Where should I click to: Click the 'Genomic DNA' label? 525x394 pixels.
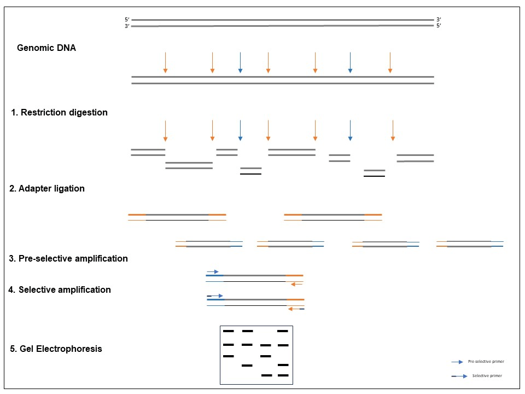(46, 48)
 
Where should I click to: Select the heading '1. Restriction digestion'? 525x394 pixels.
(60, 113)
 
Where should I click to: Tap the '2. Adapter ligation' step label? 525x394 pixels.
(48, 189)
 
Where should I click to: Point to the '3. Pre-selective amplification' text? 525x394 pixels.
(68, 258)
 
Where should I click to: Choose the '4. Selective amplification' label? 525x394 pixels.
(60, 290)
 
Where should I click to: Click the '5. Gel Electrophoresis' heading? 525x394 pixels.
(56, 349)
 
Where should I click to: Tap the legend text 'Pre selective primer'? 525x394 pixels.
(486, 362)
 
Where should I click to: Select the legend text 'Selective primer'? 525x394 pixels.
(487, 376)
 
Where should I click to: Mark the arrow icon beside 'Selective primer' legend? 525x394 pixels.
(459, 376)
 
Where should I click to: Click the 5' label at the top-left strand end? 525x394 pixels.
(127, 20)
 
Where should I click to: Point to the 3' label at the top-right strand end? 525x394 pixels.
(439, 20)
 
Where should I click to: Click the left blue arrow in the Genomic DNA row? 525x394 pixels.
(240, 62)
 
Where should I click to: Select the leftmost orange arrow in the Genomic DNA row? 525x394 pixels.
(165, 62)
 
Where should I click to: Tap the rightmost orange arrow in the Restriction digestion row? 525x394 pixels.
(393, 130)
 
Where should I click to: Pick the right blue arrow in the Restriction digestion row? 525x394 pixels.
(350, 130)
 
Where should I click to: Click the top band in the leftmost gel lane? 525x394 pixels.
(228, 331)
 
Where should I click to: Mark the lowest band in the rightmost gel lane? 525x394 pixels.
(283, 375)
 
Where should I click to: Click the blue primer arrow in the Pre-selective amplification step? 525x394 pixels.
(213, 271)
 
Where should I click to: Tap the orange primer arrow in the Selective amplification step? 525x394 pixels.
(296, 309)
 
